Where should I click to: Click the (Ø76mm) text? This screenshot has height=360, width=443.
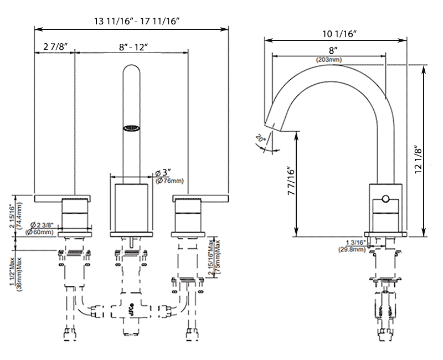(x=169, y=181)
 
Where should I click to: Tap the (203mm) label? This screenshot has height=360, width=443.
(x=329, y=59)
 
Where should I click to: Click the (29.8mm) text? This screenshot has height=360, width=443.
(x=352, y=250)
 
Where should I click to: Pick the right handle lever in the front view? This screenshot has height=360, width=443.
(x=200, y=198)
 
